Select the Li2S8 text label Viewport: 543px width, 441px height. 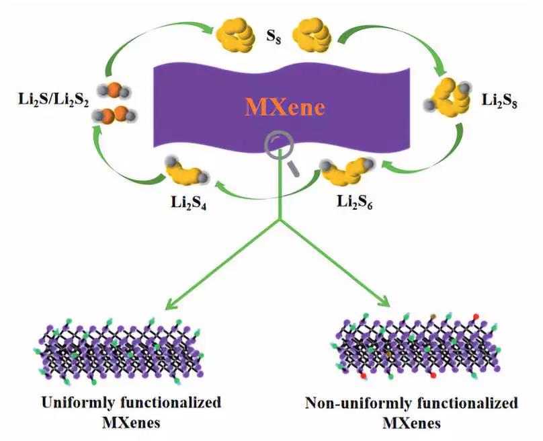(500, 100)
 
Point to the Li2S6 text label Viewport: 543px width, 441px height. (355, 202)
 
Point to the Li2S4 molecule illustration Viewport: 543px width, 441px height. (187, 170)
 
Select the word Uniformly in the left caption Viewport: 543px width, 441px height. (77, 403)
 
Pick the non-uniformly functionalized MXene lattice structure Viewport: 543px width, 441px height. (418, 346)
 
